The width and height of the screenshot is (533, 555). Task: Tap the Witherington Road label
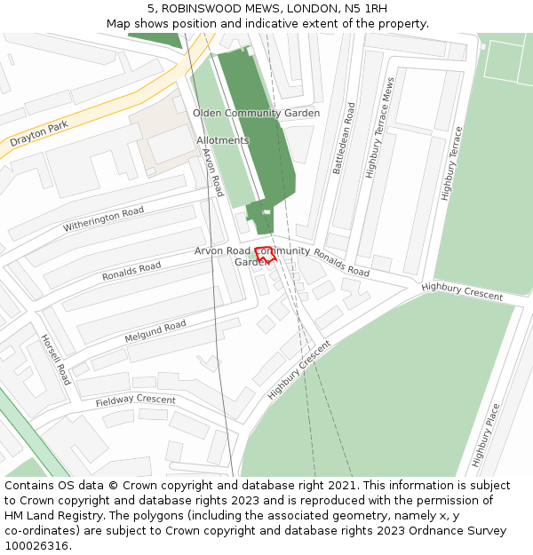pos(103,219)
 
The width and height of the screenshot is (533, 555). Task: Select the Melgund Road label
pos(155,332)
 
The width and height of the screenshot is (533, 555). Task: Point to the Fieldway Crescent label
pos(136,400)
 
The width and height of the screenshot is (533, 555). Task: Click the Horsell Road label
pos(55,359)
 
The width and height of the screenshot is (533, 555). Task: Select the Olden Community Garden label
pos(256,114)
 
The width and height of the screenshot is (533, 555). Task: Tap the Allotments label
pos(223,140)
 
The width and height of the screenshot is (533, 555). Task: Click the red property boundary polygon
pos(266,254)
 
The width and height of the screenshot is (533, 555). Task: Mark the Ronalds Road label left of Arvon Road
pos(131,272)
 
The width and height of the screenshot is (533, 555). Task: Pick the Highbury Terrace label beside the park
pos(452,163)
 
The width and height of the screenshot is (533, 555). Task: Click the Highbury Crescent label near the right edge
pos(462,290)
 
